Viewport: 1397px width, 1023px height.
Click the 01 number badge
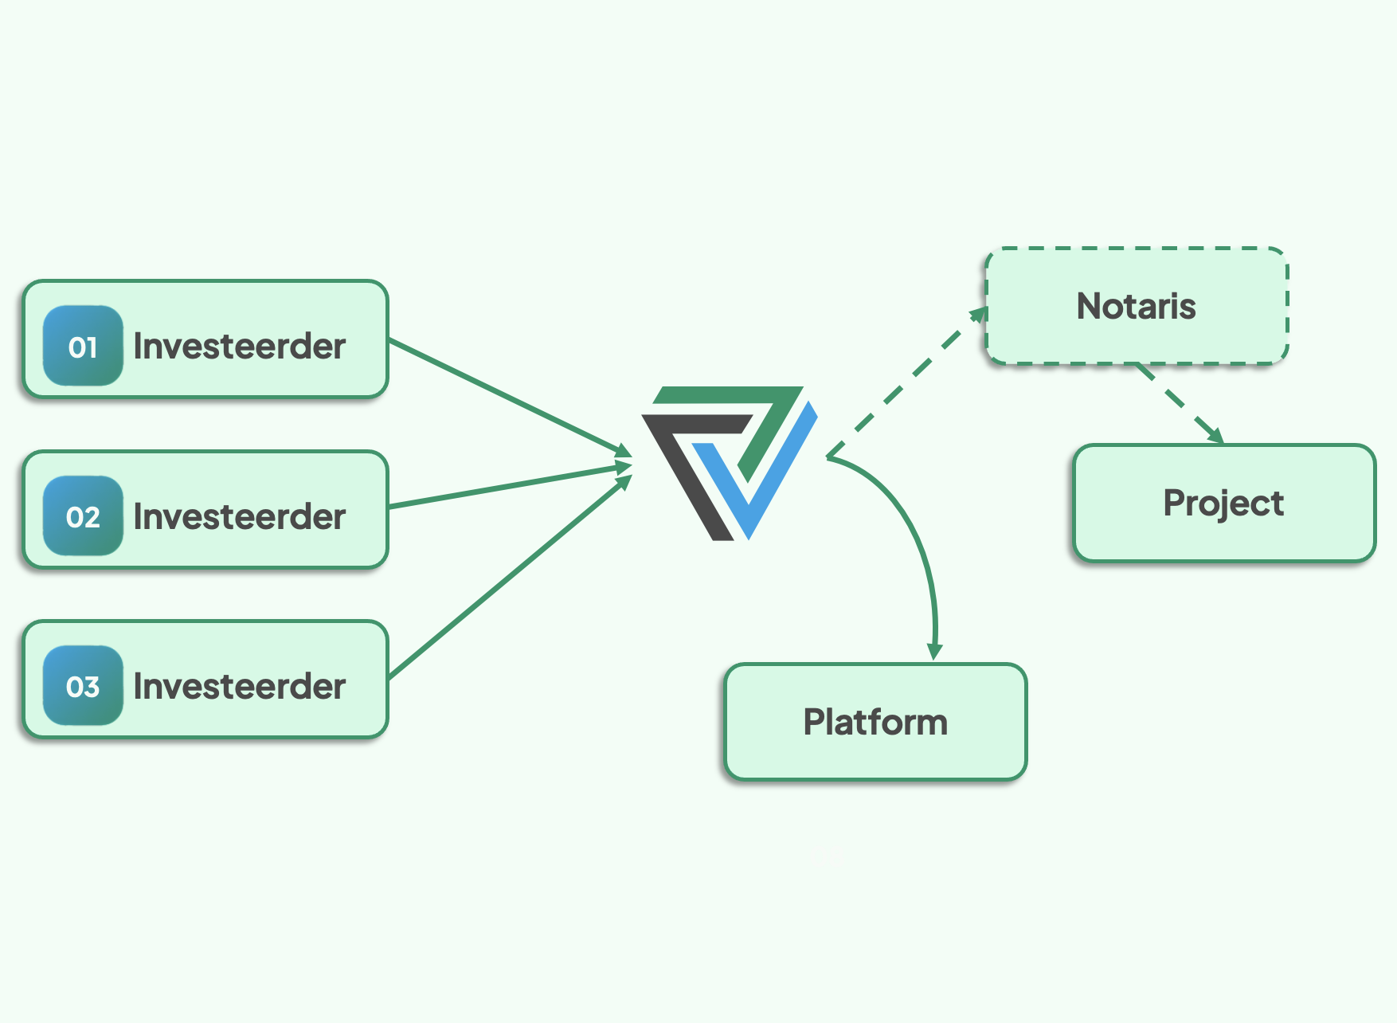pyautogui.click(x=83, y=346)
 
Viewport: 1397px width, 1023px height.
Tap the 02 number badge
pyautogui.click(x=83, y=516)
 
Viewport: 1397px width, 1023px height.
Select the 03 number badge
pyautogui.click(x=83, y=686)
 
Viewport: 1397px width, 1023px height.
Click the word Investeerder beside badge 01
pyautogui.click(x=239, y=346)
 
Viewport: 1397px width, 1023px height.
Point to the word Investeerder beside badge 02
pyautogui.click(x=239, y=516)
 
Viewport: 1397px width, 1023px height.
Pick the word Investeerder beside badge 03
pyautogui.click(x=239, y=686)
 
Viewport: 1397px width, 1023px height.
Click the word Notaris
pyautogui.click(x=1137, y=306)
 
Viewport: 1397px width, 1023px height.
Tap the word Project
pyautogui.click(x=1223, y=504)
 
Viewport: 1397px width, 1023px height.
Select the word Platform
pyautogui.click(x=875, y=722)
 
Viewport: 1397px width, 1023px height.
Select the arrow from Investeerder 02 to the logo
pyautogui.click(x=511, y=485)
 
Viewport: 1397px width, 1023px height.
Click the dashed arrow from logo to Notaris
pyautogui.click(x=907, y=382)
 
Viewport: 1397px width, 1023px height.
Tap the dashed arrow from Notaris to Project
pyautogui.click(x=1180, y=403)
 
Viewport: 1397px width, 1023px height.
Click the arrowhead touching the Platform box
pyautogui.click(x=935, y=652)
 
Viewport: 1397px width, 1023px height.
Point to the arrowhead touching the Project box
pyautogui.click(x=1215, y=435)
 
